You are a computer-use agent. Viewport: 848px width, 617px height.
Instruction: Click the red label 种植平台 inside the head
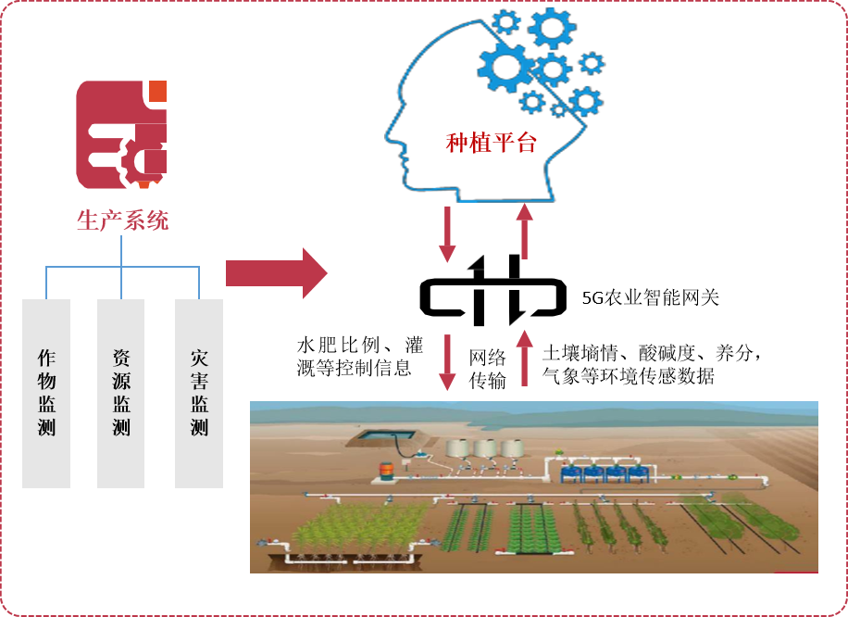coord(491,143)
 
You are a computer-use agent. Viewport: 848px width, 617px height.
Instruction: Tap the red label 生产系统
coord(122,220)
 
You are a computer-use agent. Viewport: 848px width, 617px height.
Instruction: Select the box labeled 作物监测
coord(46,393)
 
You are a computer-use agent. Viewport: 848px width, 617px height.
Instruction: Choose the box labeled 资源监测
coord(121,393)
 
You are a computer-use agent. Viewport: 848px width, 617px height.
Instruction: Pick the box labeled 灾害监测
coord(199,393)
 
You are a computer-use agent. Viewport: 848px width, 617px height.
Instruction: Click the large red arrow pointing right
coord(276,273)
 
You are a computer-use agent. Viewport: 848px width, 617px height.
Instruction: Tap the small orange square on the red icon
coord(158,91)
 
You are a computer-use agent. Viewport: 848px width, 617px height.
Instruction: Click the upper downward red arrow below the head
coord(448,233)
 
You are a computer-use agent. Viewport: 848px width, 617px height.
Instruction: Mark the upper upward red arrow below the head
coord(524,232)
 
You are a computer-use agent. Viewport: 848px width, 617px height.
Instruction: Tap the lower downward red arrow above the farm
coord(448,361)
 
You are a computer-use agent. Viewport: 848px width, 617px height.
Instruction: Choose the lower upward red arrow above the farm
coord(524,359)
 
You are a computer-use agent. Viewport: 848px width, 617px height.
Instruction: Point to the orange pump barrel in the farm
coord(385,472)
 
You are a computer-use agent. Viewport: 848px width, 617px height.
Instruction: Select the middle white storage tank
coord(485,448)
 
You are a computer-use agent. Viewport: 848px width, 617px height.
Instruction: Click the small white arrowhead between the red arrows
coord(476,264)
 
